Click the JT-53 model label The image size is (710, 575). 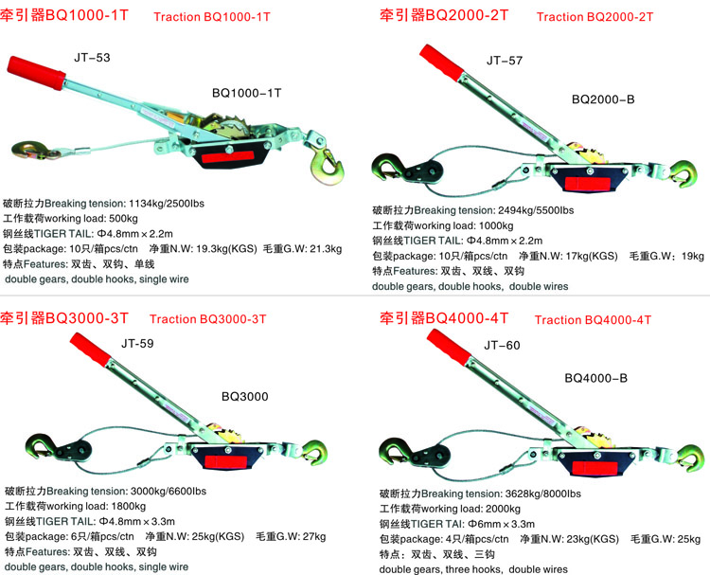coord(92,58)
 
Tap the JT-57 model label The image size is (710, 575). coord(505,61)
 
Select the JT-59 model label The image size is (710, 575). coord(137,344)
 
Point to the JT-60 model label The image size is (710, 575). coord(502,345)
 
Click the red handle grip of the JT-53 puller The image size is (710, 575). coord(36,72)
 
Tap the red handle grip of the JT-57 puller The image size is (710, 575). coord(441,63)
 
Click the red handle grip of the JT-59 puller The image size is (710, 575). coord(91,350)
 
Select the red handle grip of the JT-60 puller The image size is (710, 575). coord(449,347)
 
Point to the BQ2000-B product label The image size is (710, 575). coord(603,99)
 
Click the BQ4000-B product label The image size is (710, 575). coord(595,378)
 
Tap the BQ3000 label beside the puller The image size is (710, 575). coord(244,397)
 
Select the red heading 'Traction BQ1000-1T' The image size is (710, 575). coord(212,17)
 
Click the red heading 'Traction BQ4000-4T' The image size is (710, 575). coord(593,320)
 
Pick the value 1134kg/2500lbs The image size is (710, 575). coord(167,204)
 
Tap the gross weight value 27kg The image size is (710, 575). coord(314,536)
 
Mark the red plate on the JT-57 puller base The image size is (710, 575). coord(587,185)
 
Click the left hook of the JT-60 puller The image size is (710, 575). coord(393,451)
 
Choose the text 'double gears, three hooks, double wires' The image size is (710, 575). coord(473,569)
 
